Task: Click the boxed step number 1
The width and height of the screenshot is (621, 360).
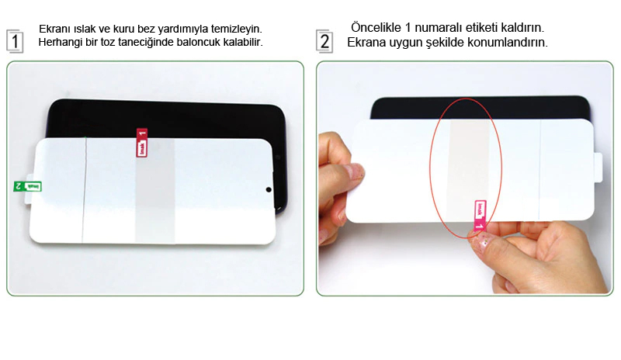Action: [15, 41]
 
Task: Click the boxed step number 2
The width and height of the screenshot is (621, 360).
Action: [324, 41]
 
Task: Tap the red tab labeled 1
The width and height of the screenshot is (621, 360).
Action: [142, 143]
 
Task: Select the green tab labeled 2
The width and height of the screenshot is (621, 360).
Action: [27, 186]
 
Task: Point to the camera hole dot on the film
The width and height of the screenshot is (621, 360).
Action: [269, 190]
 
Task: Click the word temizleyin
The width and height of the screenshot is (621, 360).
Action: [237, 29]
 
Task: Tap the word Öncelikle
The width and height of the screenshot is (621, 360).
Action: [376, 27]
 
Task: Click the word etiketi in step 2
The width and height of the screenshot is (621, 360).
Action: [481, 28]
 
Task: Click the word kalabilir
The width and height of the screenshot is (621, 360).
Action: [245, 42]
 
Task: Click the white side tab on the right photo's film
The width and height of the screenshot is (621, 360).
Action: [598, 167]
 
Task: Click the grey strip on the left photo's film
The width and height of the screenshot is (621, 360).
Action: [154, 191]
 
